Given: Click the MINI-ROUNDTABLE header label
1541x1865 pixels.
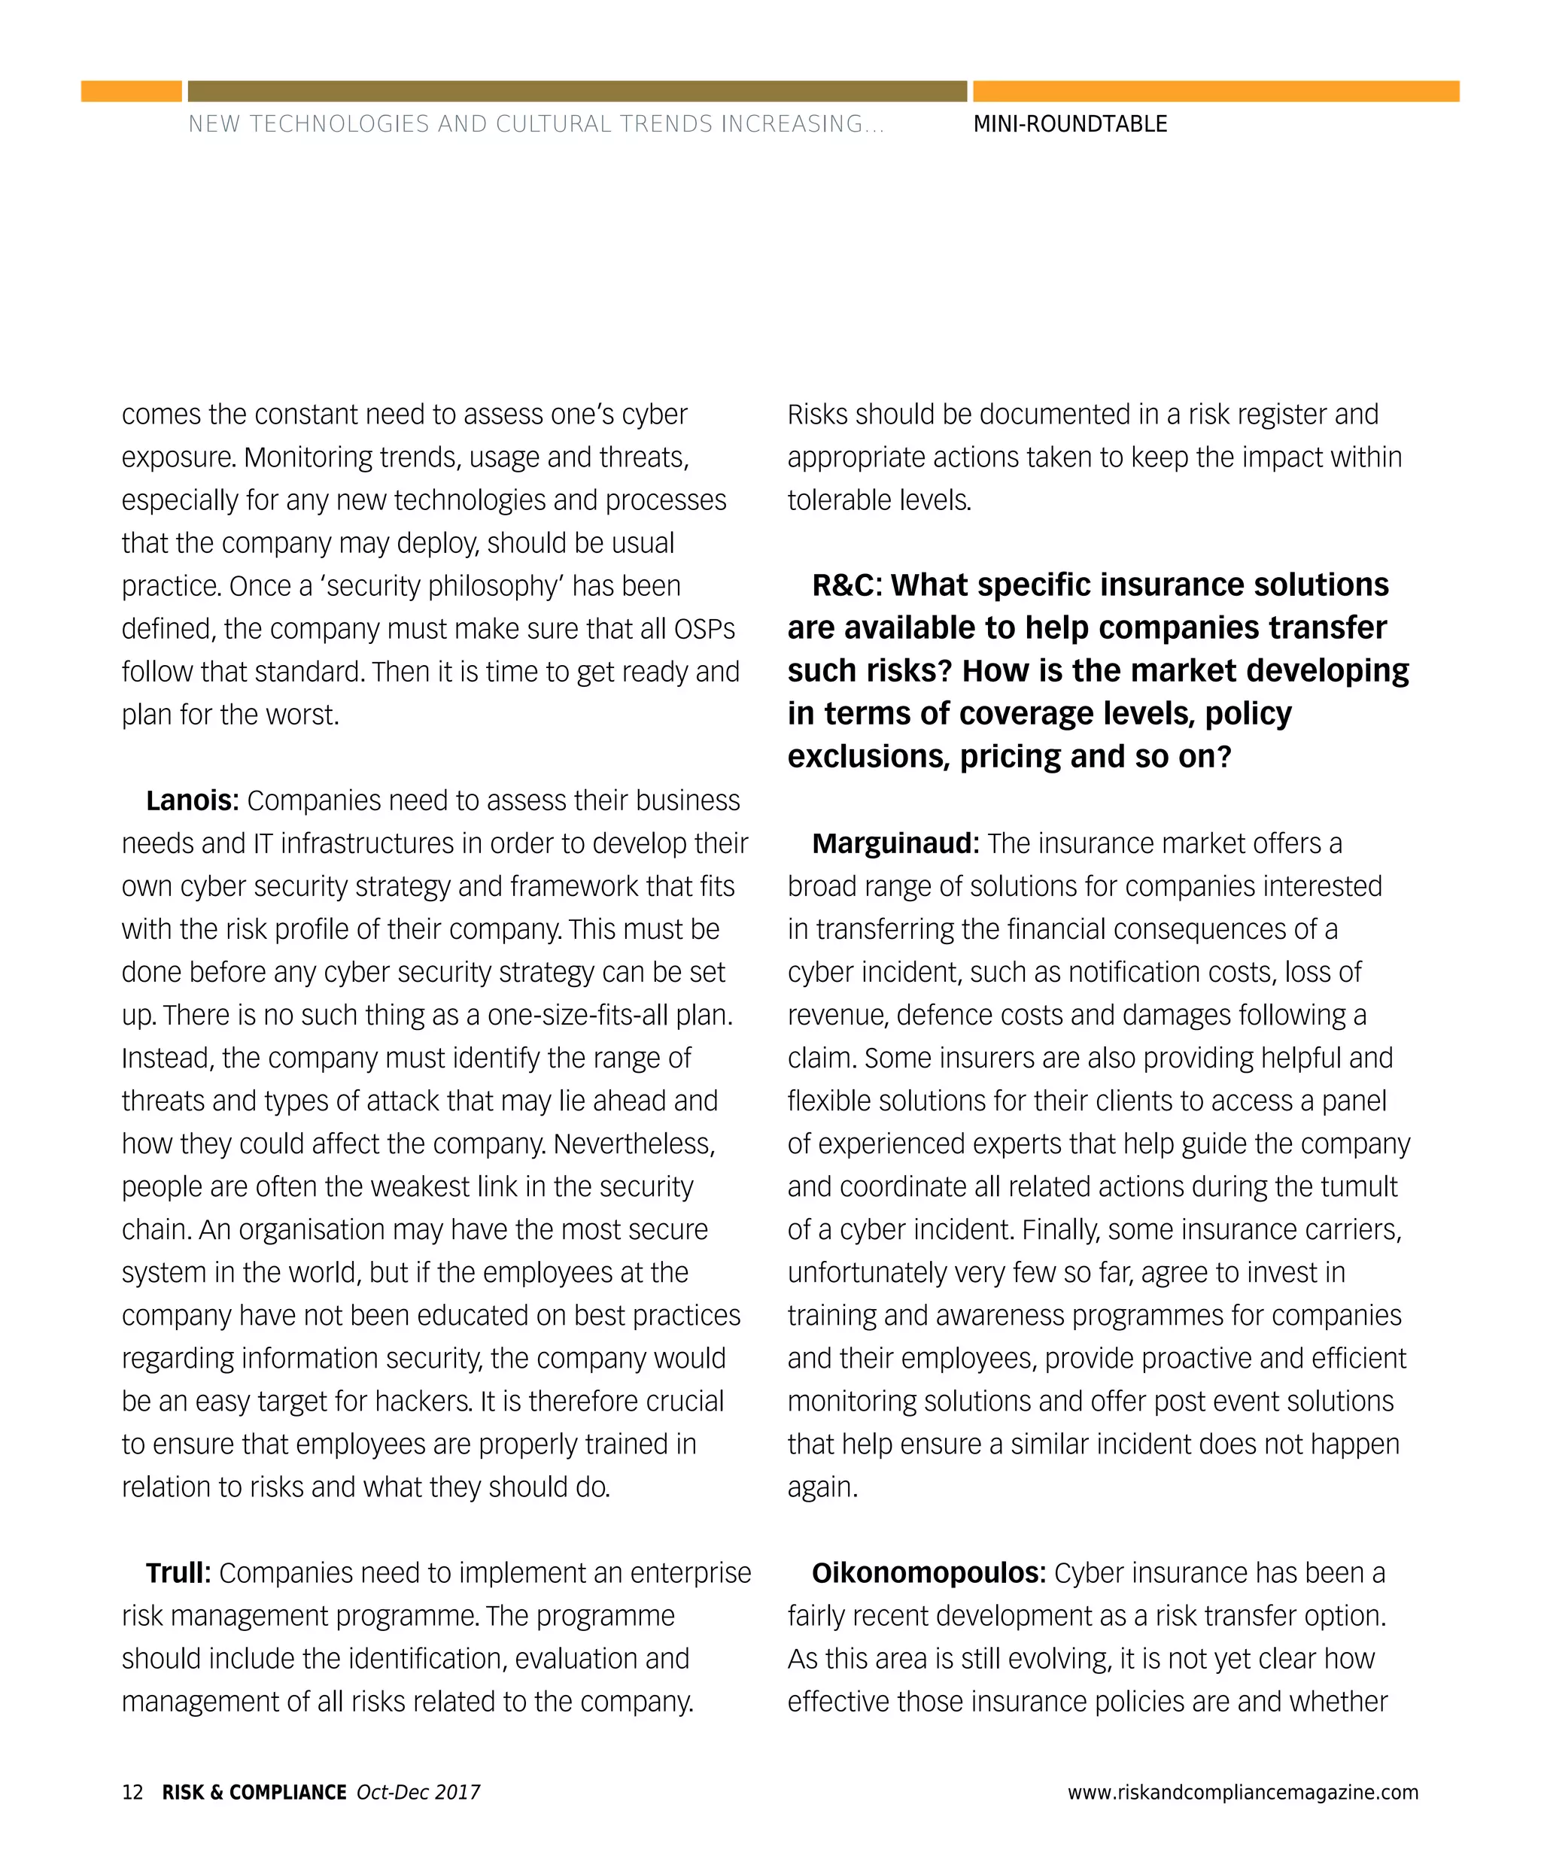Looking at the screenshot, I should (1070, 124).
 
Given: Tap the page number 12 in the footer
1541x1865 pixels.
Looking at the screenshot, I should (132, 1791).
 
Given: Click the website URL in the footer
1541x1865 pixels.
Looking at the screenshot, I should (1243, 1791).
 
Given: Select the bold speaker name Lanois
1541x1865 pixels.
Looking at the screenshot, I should (192, 800).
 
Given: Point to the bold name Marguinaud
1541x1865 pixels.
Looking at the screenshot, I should (895, 843).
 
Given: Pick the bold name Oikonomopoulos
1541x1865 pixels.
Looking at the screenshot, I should (929, 1573).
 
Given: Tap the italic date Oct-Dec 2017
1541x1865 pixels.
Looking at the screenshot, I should (418, 1791).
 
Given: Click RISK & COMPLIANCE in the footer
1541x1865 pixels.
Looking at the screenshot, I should (254, 1791).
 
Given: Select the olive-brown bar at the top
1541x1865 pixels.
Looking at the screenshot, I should (577, 92).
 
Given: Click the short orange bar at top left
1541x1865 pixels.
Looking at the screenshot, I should (132, 92).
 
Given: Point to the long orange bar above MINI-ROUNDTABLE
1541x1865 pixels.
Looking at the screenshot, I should (1216, 92).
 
